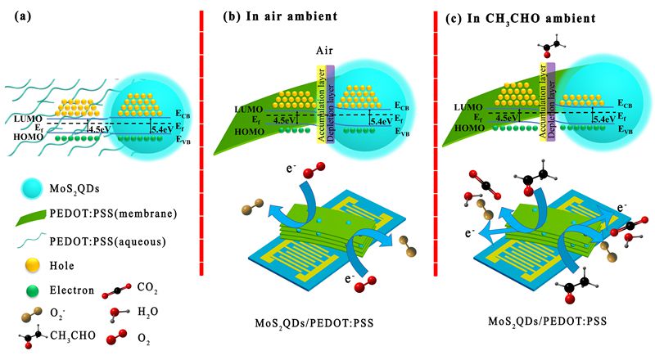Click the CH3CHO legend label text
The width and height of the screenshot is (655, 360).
(74, 337)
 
